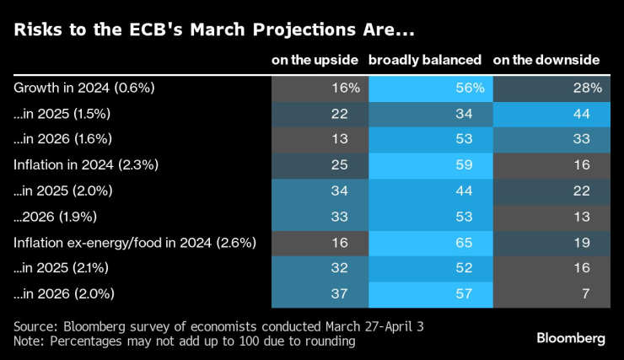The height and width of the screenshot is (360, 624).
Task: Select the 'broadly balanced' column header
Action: point(426,60)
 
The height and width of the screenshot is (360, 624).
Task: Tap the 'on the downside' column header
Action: point(546,60)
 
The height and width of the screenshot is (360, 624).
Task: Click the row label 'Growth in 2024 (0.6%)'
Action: point(73,87)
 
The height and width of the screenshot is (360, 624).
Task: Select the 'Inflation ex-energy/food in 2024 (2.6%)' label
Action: point(135,243)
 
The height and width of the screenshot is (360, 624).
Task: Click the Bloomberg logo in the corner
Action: point(570,338)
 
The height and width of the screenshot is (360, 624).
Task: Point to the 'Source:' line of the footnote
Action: point(184,325)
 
